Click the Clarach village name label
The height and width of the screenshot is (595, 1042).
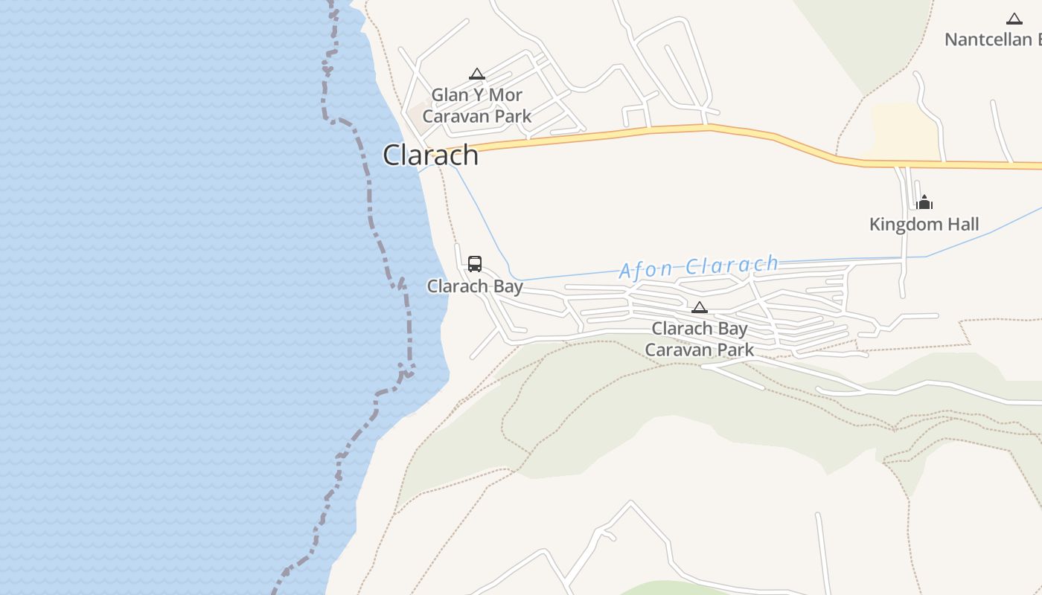tap(430, 155)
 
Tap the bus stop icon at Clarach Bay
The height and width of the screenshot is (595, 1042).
tap(475, 263)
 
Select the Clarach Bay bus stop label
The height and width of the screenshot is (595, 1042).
tap(475, 286)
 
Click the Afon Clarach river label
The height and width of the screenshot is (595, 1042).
tap(699, 266)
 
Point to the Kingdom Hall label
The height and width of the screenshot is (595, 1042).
tap(924, 224)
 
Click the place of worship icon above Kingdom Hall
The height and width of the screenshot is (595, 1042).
tap(924, 202)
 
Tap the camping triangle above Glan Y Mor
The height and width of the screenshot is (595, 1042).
tap(477, 74)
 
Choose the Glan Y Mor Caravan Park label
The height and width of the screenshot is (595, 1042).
tap(477, 106)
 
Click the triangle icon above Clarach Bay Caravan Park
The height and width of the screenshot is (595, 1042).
tap(699, 307)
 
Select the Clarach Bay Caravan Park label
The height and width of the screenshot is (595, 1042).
tap(699, 339)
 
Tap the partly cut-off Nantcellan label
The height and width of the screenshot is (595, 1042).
tap(993, 39)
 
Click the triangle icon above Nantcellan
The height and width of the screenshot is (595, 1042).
tap(1014, 19)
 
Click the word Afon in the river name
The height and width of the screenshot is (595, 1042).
tap(645, 270)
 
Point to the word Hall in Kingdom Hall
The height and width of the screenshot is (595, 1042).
tap(959, 224)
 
